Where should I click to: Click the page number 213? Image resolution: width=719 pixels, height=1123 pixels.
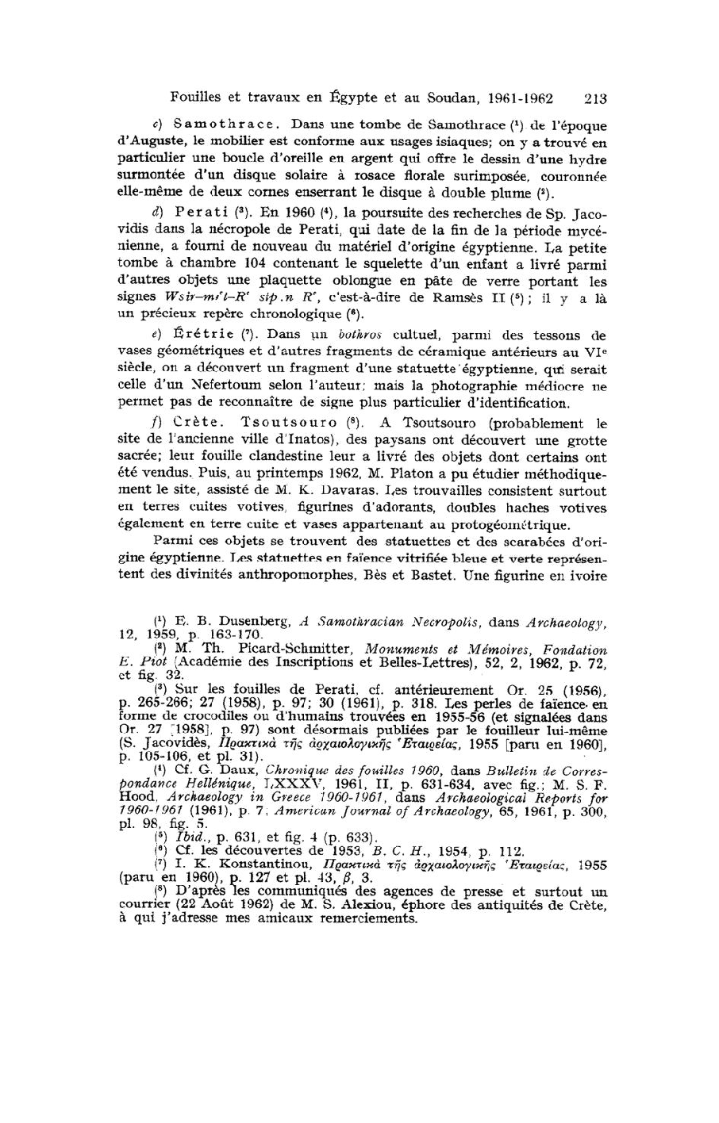coord(594,99)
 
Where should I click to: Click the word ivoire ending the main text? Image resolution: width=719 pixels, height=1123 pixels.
coord(586,577)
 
